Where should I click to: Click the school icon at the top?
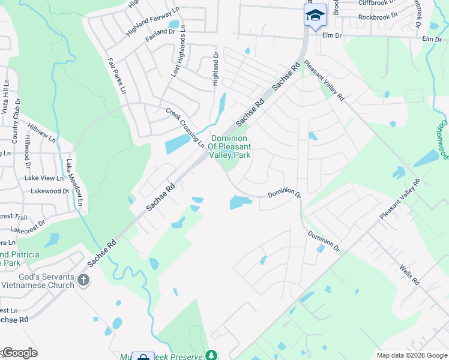(315, 16)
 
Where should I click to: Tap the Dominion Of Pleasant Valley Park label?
(230, 146)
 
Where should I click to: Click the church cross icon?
(83, 279)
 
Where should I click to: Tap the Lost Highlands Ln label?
(178, 55)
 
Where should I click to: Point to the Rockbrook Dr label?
(378, 17)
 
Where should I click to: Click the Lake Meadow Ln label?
(74, 182)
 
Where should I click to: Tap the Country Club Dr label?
(16, 121)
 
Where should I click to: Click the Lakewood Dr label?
(50, 191)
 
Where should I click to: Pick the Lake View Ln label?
(43, 178)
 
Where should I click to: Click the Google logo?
(20, 353)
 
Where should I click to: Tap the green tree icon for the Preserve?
(211, 355)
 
